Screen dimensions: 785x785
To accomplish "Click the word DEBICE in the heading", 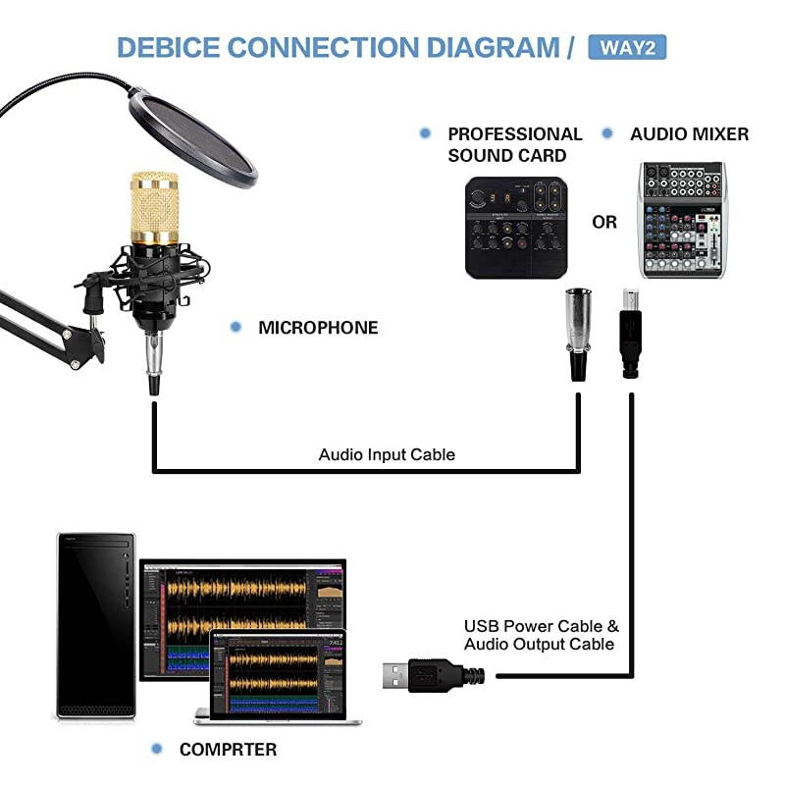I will (x=168, y=47).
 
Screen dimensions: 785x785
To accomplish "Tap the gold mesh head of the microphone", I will (x=155, y=207).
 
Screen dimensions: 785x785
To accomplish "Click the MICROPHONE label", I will (x=318, y=328).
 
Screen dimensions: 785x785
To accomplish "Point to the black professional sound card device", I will (x=516, y=227).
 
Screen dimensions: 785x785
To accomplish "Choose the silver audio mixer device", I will (x=681, y=220).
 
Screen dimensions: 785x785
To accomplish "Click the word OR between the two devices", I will (x=604, y=223).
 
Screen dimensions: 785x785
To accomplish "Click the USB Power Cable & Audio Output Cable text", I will (x=541, y=635).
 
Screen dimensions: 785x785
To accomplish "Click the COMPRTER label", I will (x=228, y=750).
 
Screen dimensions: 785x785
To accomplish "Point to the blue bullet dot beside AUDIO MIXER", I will (x=608, y=133).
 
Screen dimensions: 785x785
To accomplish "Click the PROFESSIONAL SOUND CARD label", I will (x=514, y=144).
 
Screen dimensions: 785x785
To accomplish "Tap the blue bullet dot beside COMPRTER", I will (x=156, y=749).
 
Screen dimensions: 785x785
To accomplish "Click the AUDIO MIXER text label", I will (x=689, y=133).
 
